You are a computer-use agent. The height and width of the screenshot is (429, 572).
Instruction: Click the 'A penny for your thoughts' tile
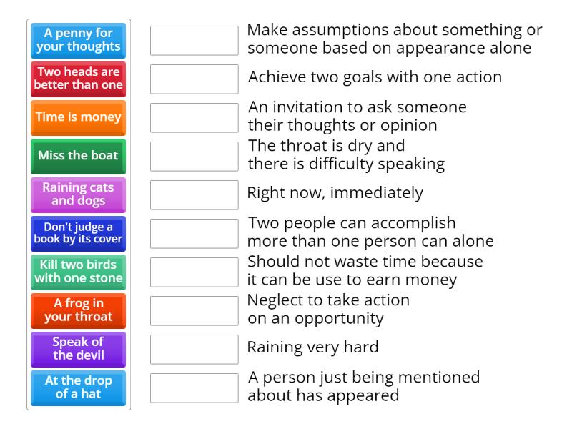point(79,41)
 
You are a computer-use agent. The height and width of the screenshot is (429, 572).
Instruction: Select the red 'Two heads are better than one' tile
point(79,79)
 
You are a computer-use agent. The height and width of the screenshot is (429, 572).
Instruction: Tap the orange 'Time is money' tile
point(79,118)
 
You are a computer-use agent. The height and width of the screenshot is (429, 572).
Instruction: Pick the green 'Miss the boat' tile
point(79,157)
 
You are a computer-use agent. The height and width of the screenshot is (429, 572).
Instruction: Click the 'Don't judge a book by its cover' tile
point(79,234)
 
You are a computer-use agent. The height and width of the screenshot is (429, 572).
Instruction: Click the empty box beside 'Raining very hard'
point(194,350)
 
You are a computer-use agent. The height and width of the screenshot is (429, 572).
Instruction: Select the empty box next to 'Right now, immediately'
point(194,195)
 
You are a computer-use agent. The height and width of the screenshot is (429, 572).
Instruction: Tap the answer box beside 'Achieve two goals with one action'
point(194,79)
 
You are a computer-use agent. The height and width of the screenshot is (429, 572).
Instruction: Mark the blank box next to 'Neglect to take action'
point(194,311)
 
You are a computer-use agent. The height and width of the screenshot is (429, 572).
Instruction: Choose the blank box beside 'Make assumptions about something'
point(194,41)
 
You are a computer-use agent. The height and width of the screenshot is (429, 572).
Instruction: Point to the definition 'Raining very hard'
point(312,347)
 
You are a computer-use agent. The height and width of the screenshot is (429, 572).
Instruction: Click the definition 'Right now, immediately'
point(335,193)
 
